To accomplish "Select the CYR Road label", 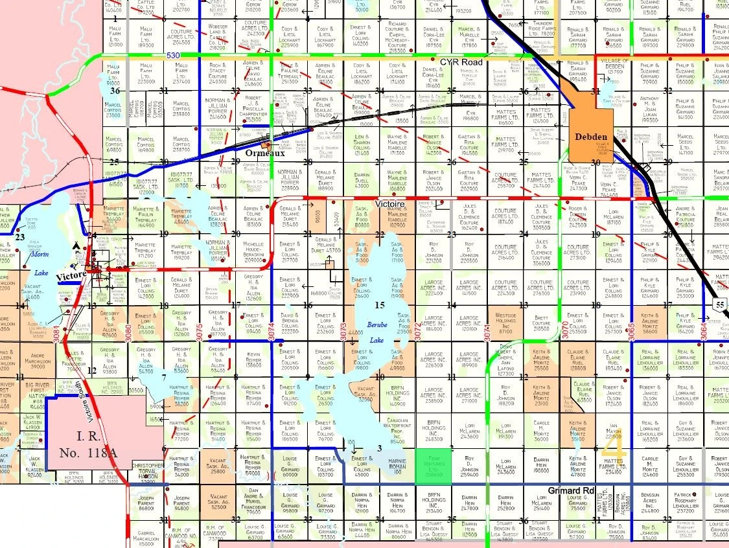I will (x=462, y=62).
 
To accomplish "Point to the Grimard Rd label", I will (x=571, y=490).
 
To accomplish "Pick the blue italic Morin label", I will (x=40, y=255).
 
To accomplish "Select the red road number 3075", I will (x=199, y=331).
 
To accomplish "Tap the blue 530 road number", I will (x=172, y=56).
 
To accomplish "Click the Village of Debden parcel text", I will (x=616, y=65).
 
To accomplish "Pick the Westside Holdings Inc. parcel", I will (x=505, y=323).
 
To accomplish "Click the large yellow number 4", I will (x=613, y=447).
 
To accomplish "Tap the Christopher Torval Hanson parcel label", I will (x=148, y=472).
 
